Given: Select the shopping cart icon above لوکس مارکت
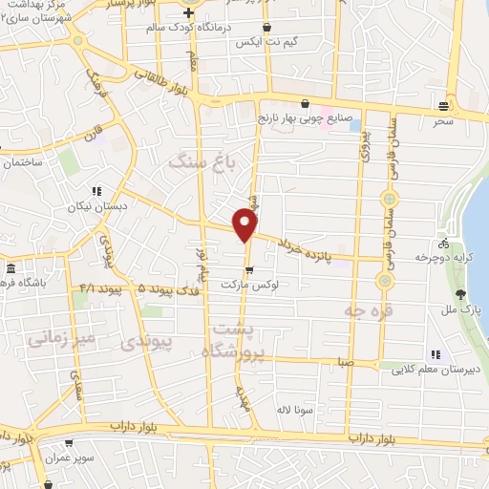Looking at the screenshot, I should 249,270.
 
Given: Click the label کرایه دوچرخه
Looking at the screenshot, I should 441,257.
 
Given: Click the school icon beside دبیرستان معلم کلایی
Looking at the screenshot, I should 436,357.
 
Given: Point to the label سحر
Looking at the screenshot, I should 441,122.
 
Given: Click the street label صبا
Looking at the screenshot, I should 341,363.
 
